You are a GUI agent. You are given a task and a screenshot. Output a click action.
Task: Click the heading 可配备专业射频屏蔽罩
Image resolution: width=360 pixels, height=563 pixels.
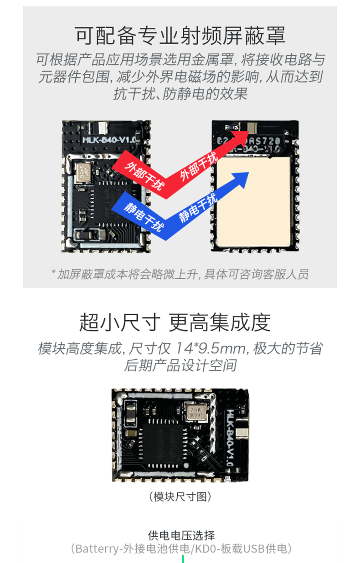point(180,36)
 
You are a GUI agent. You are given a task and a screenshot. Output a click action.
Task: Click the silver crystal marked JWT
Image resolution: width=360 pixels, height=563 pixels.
point(82,173)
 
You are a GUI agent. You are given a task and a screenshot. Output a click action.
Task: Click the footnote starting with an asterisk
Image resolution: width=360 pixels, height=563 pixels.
point(180,274)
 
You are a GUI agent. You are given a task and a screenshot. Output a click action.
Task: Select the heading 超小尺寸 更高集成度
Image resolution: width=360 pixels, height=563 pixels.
point(175,322)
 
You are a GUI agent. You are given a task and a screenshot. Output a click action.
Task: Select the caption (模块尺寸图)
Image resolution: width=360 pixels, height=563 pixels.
point(180,496)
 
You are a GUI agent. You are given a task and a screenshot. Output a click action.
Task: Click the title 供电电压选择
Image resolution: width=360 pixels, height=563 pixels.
point(181,535)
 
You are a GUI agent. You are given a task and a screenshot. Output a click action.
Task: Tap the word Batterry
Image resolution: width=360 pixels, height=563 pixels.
point(97,548)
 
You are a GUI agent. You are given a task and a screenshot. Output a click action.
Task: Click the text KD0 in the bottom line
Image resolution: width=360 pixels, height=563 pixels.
point(204,548)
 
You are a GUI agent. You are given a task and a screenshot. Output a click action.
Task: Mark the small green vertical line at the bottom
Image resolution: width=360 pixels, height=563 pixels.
point(183,559)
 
